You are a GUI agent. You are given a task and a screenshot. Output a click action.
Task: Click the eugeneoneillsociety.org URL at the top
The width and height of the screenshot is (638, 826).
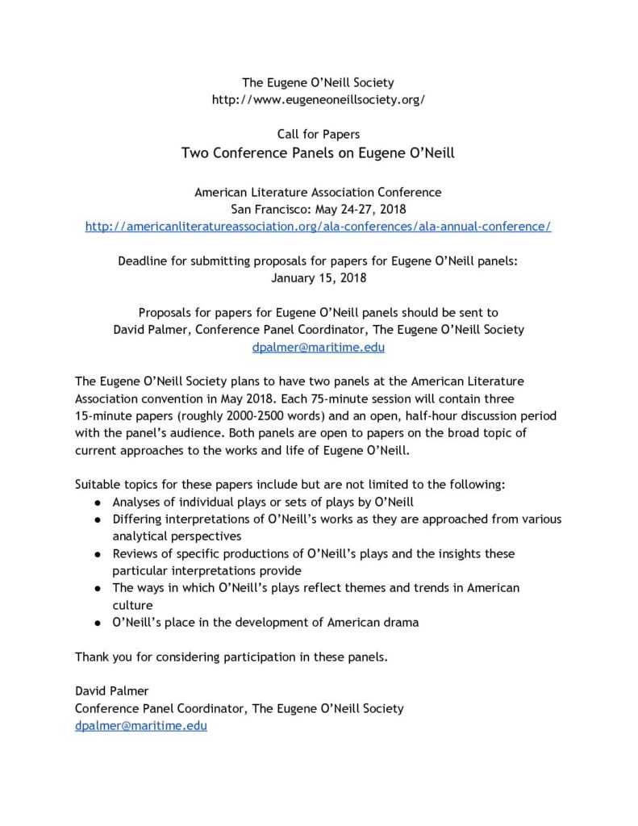coord(318,100)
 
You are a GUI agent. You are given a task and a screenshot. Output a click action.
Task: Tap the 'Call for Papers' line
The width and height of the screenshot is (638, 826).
coord(318,134)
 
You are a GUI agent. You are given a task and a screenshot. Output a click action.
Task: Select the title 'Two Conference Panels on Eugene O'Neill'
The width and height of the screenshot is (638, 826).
coord(318,152)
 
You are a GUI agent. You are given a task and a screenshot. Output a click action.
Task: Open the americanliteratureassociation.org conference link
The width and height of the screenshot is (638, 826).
coord(318,226)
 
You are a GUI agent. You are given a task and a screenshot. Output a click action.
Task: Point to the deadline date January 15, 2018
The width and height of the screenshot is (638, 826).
coord(318,277)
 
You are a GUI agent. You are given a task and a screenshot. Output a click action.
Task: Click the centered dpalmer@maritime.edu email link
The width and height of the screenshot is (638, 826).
coord(318,347)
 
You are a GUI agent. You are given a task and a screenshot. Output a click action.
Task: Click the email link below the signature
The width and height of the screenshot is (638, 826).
coord(141,726)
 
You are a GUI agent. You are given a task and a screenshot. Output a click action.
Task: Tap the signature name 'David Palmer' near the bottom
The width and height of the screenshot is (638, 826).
coord(111,691)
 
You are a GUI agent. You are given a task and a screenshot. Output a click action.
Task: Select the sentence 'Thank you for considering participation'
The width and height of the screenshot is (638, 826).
coord(231,657)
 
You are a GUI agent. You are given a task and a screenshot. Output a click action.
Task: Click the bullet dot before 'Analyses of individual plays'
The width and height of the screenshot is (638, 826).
coord(97,503)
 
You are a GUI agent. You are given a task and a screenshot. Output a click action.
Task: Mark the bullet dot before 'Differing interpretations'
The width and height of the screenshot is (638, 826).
coord(97,519)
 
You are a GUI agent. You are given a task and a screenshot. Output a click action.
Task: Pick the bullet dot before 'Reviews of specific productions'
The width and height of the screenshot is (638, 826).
coord(97,554)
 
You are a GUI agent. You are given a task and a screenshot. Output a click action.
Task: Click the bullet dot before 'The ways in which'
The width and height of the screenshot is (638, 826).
coord(97,589)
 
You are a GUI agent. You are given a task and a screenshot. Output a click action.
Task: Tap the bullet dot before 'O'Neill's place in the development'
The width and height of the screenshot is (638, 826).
coord(97,624)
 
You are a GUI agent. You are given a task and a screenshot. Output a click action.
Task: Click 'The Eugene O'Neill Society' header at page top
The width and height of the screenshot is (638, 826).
coord(318,82)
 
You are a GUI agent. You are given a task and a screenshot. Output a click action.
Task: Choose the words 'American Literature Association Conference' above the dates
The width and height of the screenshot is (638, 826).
coord(318,192)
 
